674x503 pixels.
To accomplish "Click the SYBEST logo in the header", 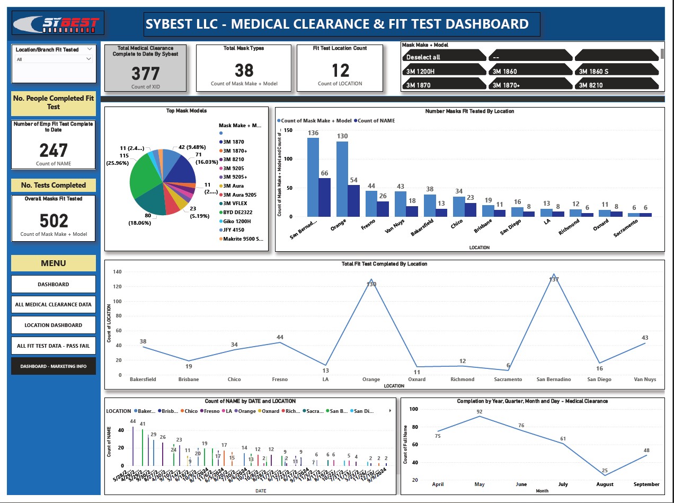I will pyautogui.click(x=56, y=24).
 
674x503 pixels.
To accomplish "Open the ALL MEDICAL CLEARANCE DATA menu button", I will pyautogui.click(x=54, y=304).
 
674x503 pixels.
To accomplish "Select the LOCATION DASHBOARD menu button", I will pyautogui.click(x=54, y=325).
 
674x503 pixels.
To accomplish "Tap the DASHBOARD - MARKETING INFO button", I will pyautogui.click(x=54, y=366).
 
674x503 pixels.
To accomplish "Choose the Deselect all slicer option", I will pyautogui.click(x=444, y=57).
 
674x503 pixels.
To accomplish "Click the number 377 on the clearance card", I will pyautogui.click(x=145, y=73).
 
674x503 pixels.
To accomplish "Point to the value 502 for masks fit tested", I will pyautogui.click(x=54, y=220).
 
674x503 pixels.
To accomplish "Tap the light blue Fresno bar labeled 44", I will pyautogui.click(x=371, y=204).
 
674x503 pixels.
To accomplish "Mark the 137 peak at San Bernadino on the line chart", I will pyautogui.click(x=554, y=275).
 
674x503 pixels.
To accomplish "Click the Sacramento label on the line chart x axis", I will pyautogui.click(x=509, y=380).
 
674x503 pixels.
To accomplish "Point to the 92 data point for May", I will pyautogui.click(x=480, y=416).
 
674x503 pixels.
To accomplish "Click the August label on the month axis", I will pyautogui.click(x=605, y=484).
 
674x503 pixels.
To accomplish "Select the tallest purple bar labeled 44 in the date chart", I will pyautogui.click(x=133, y=446).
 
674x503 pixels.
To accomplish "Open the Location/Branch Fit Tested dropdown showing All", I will pyautogui.click(x=54, y=59).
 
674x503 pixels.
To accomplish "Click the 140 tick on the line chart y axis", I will pyautogui.click(x=117, y=272).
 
